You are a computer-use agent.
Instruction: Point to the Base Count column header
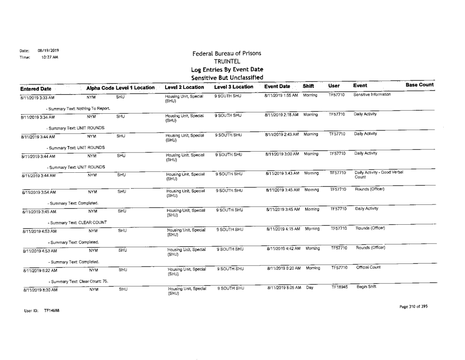coord(420,85)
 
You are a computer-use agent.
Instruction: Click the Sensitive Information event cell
coord(375,95)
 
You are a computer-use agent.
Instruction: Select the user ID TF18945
coord(339,287)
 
